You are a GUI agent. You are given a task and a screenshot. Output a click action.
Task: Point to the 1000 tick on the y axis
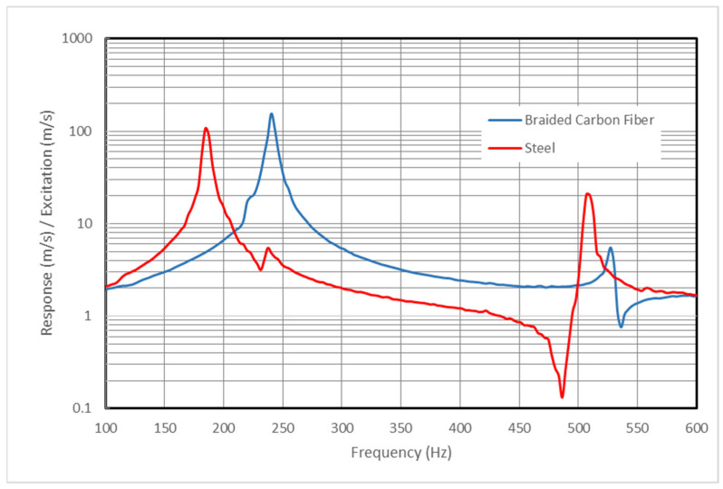tap(82, 40)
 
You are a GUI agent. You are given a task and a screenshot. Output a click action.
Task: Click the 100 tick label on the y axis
tap(85, 132)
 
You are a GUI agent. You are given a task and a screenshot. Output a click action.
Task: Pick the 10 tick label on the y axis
tap(89, 224)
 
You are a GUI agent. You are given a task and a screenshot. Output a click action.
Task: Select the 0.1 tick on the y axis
tap(87, 409)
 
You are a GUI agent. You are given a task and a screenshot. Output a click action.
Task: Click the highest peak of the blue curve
tap(271, 114)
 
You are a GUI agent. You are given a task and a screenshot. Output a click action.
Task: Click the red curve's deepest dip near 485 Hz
tap(562, 396)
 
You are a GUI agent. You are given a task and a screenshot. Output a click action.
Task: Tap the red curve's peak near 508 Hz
tap(588, 193)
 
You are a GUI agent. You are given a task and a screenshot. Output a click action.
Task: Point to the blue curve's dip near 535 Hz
tap(621, 326)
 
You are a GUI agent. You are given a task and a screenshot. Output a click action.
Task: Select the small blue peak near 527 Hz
tap(611, 248)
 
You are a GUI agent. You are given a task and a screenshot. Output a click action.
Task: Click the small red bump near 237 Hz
tap(268, 248)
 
